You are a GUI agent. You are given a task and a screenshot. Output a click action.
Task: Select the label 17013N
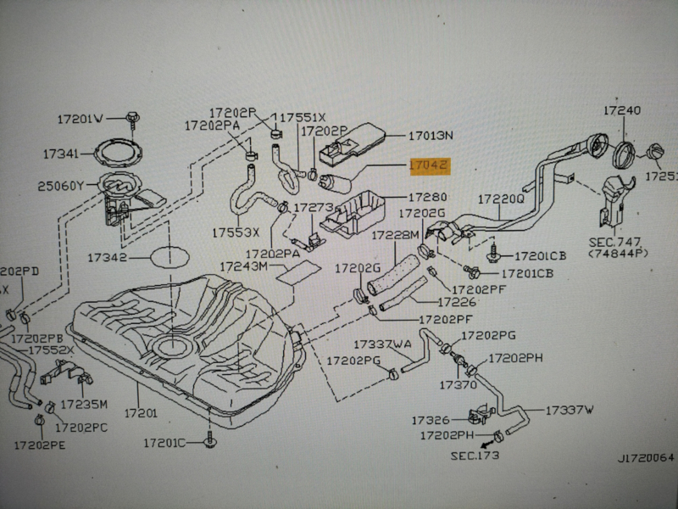pos(431,136)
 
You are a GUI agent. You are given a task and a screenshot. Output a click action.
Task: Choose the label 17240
pos(622,110)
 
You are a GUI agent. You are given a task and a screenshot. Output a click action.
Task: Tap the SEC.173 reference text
pos(475,456)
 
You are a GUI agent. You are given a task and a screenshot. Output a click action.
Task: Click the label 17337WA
pos(381,344)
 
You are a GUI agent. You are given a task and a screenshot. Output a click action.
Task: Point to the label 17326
pos(430,420)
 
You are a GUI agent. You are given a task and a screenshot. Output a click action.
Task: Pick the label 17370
pos(458,385)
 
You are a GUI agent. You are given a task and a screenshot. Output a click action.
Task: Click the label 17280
pos(428,197)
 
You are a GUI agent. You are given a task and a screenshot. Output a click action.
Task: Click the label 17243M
pos(244,266)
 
